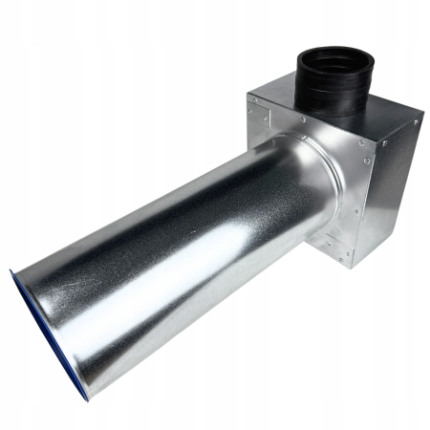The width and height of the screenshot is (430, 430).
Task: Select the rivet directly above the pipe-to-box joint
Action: point(303,120)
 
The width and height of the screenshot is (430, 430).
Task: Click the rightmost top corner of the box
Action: point(420,119)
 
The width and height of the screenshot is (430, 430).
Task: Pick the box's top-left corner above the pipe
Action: point(247,94)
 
